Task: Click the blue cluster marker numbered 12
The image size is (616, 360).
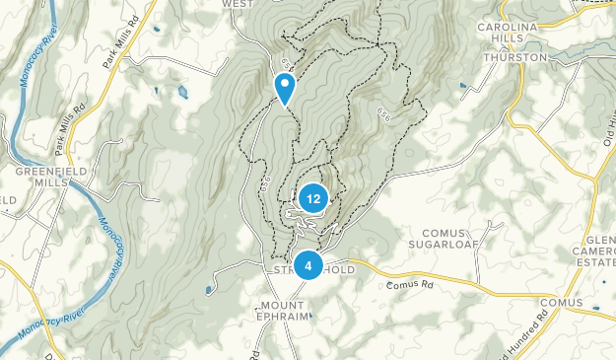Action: pyautogui.click(x=312, y=198)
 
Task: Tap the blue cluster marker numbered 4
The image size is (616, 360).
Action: pyautogui.click(x=308, y=264)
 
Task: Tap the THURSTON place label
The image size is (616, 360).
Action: pyautogui.click(x=515, y=58)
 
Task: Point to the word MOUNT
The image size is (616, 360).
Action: pyautogui.click(x=284, y=304)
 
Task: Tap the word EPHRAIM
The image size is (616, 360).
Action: pyautogui.click(x=284, y=318)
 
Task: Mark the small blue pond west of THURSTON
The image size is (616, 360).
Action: pyautogui.click(x=464, y=86)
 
